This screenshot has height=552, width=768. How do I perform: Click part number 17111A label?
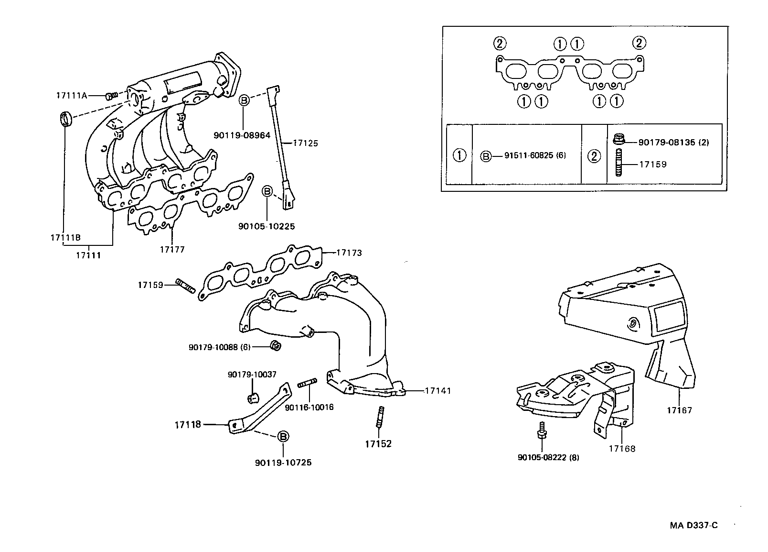click(72, 95)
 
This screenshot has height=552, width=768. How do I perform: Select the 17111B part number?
click(65, 238)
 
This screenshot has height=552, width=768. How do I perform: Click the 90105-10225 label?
click(267, 226)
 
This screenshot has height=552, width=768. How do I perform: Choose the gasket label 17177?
click(172, 249)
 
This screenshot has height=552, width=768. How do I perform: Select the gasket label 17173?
click(349, 253)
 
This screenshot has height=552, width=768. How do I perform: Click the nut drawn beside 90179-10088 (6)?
click(275, 345)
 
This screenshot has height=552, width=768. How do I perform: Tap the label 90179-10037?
click(252, 375)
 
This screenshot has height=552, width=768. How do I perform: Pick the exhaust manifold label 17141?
click(437, 391)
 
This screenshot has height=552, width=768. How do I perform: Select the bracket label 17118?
click(188, 424)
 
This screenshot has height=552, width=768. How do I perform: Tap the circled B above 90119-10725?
click(283, 436)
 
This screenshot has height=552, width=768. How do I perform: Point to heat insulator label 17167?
click(679, 410)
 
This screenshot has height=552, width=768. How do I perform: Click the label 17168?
click(622, 449)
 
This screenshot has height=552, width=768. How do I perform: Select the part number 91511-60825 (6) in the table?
click(535, 155)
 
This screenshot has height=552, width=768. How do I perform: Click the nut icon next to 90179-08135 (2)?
click(618, 140)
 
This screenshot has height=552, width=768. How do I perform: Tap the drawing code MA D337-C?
click(693, 525)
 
